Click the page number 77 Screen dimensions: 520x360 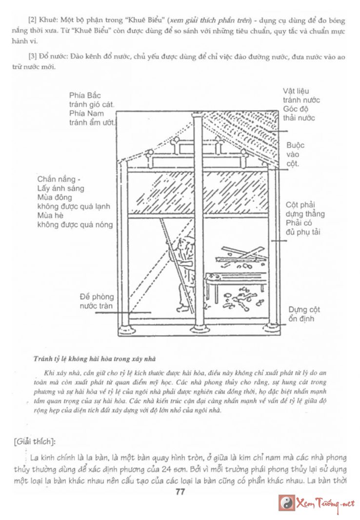(x=180, y=492)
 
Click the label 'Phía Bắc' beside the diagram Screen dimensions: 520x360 (x=85, y=96)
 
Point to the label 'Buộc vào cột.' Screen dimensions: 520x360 (x=293, y=154)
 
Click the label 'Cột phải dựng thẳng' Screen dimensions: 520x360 (x=304, y=210)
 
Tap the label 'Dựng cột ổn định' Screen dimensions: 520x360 (x=304, y=314)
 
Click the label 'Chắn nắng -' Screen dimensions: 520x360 (x=60, y=179)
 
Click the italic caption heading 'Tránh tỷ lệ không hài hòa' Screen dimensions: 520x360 (x=95, y=359)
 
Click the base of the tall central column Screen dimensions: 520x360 (x=199, y=329)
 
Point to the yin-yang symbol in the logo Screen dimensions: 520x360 (x=287, y=503)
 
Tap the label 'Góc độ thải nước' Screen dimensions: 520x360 (x=299, y=114)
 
